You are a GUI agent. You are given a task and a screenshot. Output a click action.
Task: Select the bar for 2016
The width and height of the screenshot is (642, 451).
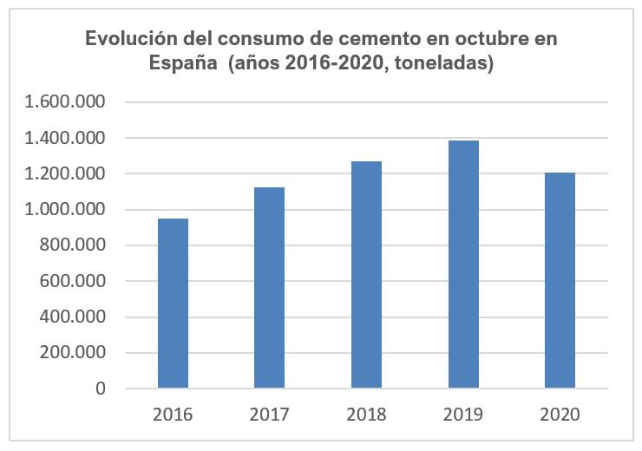point(173,303)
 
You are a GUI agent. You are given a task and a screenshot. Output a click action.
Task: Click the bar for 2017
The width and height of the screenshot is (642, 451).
point(269,287)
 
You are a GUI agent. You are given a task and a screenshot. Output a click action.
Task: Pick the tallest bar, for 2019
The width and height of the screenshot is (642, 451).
point(463,264)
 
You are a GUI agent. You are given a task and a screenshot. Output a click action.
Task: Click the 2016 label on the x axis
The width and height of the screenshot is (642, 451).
point(173,415)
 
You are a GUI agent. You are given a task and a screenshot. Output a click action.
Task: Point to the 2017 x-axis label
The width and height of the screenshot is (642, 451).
point(269,415)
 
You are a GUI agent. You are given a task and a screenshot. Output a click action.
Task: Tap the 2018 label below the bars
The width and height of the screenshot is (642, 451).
point(366,415)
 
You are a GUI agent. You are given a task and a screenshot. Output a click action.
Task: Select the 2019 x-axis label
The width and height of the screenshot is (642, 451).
point(463,415)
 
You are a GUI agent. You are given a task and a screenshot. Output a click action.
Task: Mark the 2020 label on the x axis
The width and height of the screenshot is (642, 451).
point(560,415)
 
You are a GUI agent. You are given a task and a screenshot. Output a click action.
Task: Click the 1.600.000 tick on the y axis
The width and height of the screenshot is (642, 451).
point(65,102)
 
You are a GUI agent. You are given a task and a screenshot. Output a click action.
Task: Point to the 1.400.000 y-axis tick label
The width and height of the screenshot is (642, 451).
point(65,138)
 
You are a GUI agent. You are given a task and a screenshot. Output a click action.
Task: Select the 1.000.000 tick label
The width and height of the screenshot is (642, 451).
point(65,210)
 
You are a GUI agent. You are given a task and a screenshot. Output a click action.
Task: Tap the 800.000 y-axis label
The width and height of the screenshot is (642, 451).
point(74,245)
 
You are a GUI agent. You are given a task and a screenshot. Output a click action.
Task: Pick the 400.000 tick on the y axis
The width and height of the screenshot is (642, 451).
point(74,317)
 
